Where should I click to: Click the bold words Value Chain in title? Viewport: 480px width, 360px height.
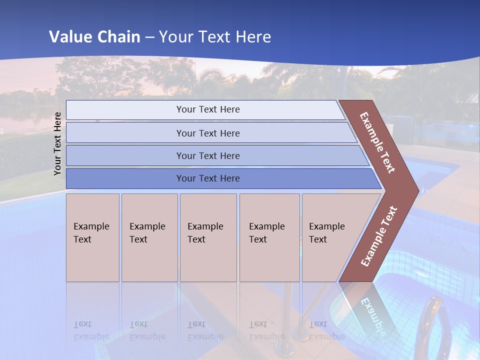click(x=94, y=36)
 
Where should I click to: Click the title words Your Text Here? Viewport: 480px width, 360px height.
click(x=214, y=36)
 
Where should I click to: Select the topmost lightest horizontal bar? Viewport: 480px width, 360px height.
click(x=207, y=109)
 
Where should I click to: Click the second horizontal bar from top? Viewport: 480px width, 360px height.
click(x=207, y=133)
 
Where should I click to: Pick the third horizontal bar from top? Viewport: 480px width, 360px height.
click(x=207, y=155)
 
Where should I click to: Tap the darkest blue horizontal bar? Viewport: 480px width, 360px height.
click(x=207, y=178)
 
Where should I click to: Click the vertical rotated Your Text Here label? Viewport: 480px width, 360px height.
click(x=57, y=143)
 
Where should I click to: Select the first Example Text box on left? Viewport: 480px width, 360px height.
click(x=92, y=237)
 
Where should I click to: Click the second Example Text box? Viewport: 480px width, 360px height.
click(x=149, y=237)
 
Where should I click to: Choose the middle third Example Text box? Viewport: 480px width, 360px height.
click(x=208, y=237)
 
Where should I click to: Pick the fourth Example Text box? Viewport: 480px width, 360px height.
click(x=269, y=237)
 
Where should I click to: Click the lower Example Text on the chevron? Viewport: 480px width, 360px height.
click(x=378, y=236)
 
